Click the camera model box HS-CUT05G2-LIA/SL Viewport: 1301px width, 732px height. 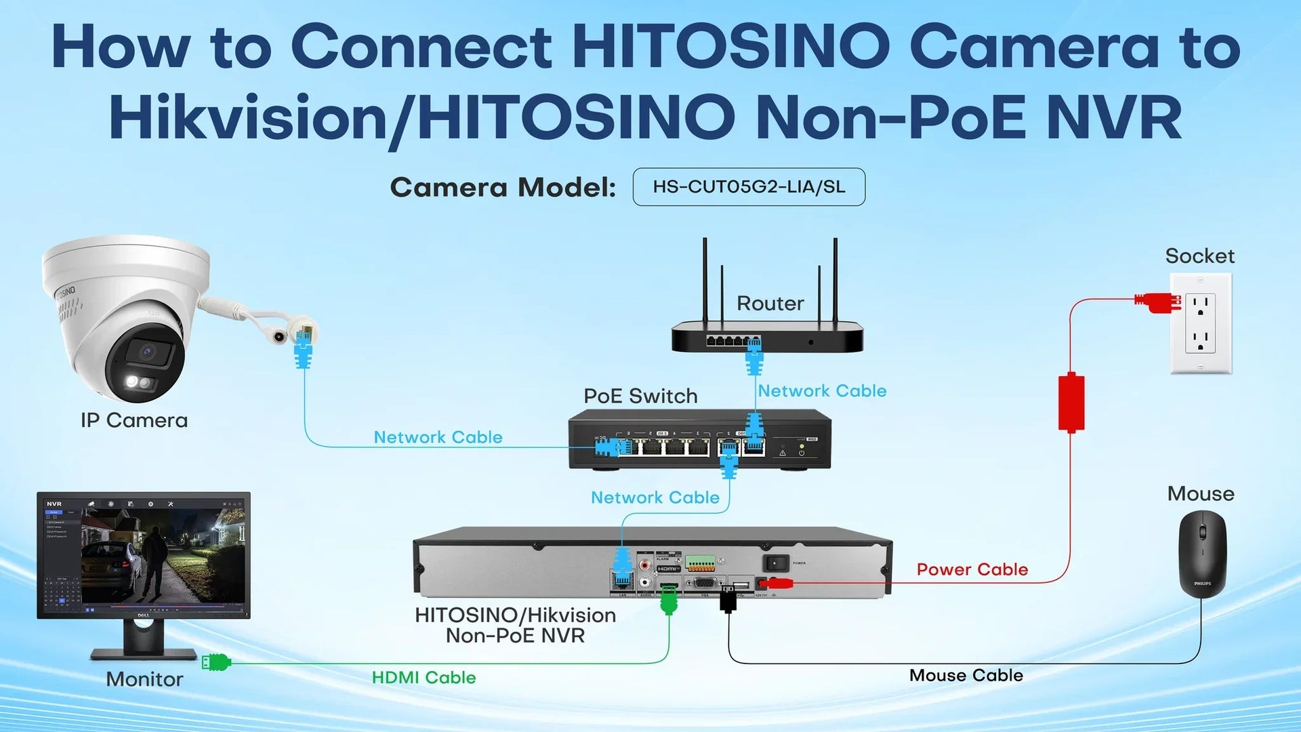pyautogui.click(x=749, y=187)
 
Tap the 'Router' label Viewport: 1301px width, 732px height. pyautogui.click(x=770, y=303)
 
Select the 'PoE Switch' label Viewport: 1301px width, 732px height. pyautogui.click(x=640, y=396)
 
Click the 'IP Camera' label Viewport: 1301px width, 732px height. pyautogui.click(x=134, y=420)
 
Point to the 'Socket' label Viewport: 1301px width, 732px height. pyautogui.click(x=1199, y=256)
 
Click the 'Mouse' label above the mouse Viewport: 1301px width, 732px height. pyautogui.click(x=1200, y=493)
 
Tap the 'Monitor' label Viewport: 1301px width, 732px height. pyautogui.click(x=144, y=679)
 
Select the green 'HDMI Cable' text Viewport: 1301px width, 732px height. pyautogui.click(x=424, y=677)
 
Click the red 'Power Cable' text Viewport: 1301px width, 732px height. pyautogui.click(x=972, y=569)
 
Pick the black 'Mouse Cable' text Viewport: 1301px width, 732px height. pyautogui.click(x=966, y=675)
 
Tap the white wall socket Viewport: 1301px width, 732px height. pyautogui.click(x=1200, y=323)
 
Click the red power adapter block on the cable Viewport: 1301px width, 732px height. pyautogui.click(x=1071, y=403)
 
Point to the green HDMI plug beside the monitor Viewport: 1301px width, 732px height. pyautogui.click(x=217, y=662)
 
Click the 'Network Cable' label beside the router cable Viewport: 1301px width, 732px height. pyautogui.click(x=821, y=391)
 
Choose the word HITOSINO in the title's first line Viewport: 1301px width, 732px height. pyautogui.click(x=730, y=47)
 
